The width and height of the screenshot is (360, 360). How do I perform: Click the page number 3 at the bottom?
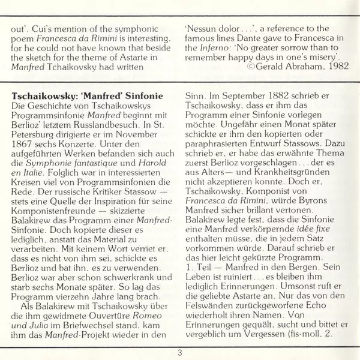coord(179,352)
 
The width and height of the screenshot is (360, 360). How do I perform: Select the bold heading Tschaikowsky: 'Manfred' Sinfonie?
coord(86,95)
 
